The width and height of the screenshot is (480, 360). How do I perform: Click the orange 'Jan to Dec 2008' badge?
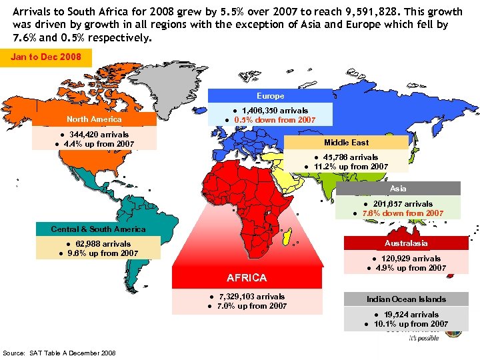[46, 57]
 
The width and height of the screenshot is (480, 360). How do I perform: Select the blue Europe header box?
[271, 96]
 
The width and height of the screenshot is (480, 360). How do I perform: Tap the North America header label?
[94, 119]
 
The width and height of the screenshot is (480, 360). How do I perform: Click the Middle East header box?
[346, 143]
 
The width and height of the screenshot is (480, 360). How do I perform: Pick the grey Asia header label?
[398, 189]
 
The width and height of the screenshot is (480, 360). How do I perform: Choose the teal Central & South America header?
[98, 229]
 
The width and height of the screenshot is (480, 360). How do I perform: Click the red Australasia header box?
[406, 243]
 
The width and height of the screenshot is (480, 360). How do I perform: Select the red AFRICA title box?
[246, 278]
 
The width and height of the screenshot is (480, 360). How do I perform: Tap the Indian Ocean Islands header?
[406, 299]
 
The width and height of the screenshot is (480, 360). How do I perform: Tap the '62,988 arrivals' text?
[103, 244]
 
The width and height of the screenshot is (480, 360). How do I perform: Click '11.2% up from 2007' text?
[351, 167]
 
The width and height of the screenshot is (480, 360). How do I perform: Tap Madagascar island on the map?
[286, 233]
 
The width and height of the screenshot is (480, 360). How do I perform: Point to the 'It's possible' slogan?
[423, 338]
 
